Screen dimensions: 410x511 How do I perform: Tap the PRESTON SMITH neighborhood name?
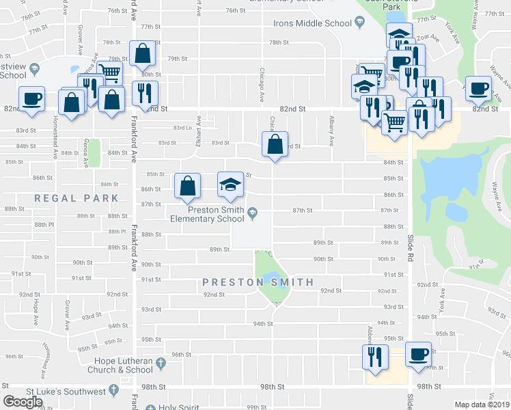(x=258, y=282)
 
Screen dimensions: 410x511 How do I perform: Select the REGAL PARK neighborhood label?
(x=77, y=198)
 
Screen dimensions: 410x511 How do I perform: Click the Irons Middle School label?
(x=312, y=23)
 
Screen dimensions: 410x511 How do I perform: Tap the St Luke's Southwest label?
(x=66, y=392)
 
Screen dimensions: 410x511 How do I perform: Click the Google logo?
(x=23, y=402)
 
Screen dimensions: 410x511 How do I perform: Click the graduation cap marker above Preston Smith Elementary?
(x=230, y=184)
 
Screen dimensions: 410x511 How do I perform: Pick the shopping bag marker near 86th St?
(x=187, y=186)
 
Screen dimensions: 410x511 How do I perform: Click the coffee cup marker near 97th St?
(x=418, y=354)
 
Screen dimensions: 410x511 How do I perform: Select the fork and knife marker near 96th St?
(x=374, y=357)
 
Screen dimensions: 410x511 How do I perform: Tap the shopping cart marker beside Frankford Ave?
(x=109, y=72)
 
